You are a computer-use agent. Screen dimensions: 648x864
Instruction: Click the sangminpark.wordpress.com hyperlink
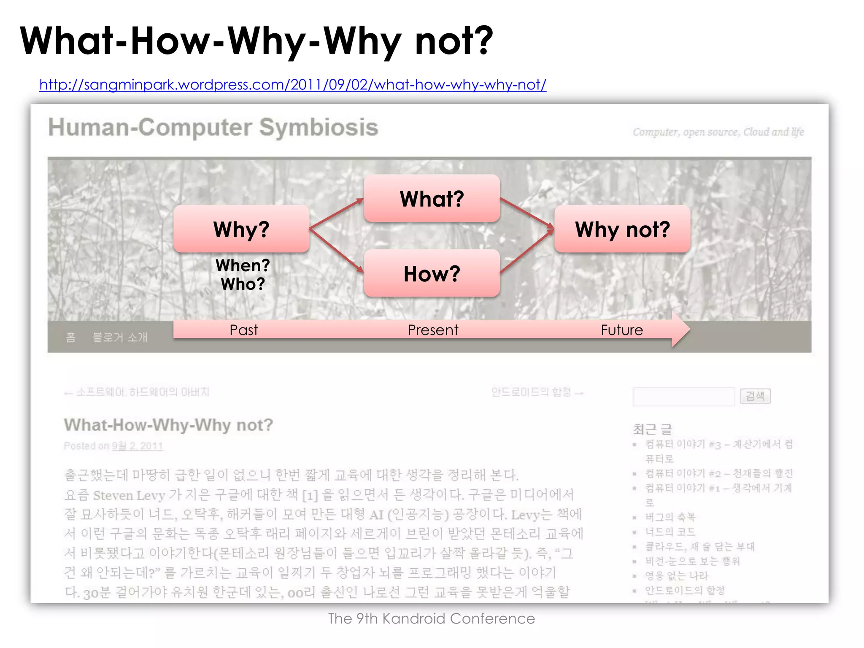[292, 85]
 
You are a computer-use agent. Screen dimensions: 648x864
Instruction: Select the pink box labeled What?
[432, 198]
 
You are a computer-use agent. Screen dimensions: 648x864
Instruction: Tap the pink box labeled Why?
[241, 229]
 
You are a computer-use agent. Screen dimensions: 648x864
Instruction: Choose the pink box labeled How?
[432, 273]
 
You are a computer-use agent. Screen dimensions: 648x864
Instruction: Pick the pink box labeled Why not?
[622, 229]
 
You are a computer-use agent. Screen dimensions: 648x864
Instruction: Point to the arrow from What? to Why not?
[527, 214]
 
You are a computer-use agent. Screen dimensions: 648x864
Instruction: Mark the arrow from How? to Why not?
[527, 251]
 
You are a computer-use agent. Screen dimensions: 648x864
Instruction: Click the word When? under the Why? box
[243, 265]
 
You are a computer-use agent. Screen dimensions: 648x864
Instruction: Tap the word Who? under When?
[243, 284]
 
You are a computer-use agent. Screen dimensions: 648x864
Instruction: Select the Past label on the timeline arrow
[243, 330]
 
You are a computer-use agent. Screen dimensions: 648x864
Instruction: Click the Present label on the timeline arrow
[432, 330]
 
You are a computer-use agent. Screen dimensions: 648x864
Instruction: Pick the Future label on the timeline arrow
[621, 330]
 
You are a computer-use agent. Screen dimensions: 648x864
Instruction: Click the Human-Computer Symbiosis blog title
[213, 127]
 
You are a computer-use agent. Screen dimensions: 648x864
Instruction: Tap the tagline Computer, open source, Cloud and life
[718, 132]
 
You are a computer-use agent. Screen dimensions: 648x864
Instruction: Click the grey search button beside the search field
[755, 396]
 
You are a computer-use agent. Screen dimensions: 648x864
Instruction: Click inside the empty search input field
[683, 397]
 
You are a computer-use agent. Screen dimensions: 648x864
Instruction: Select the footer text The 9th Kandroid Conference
[431, 618]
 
